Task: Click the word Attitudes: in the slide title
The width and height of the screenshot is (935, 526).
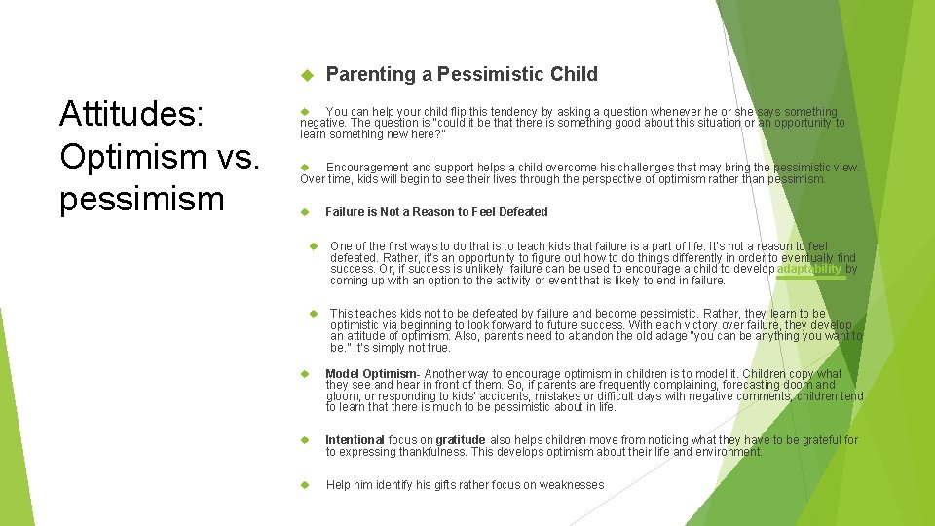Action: point(131,114)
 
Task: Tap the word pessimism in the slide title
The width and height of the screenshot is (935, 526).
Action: point(141,198)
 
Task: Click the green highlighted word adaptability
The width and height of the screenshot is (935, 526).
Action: point(809,269)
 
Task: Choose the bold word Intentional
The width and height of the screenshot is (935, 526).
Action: point(355,440)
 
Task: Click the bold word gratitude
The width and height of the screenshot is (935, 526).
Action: point(461,440)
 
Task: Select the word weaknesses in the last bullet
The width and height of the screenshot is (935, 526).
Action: point(572,485)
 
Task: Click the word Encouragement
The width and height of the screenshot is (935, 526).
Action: point(373,168)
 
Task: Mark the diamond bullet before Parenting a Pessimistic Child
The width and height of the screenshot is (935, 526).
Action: point(305,75)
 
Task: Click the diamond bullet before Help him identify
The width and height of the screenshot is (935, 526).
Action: point(305,485)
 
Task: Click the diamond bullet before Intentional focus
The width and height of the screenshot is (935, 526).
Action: point(305,440)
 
